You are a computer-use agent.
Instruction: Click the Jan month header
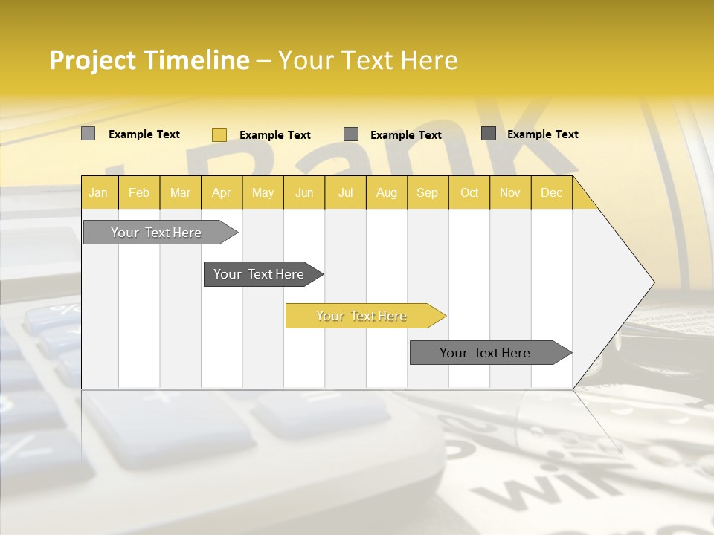tap(99, 192)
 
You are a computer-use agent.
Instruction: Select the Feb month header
tap(139, 192)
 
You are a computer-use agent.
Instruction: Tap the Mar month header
tap(180, 192)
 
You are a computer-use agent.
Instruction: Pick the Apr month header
tap(222, 192)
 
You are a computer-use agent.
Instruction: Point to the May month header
tap(263, 192)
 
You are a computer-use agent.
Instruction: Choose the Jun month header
tap(304, 192)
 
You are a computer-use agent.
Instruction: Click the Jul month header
tap(345, 192)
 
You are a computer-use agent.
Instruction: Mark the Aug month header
tap(387, 192)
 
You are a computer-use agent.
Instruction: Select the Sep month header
tap(428, 192)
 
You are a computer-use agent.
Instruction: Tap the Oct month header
tap(469, 192)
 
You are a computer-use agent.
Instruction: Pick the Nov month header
tap(510, 192)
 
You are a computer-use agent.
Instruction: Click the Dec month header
tap(552, 192)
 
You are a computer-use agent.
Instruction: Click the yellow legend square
tap(219, 134)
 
